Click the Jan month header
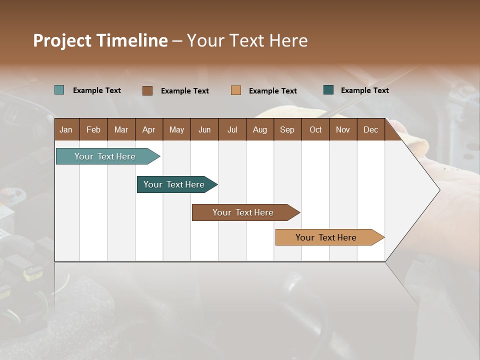pyautogui.click(x=66, y=129)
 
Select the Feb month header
pyautogui.click(x=93, y=129)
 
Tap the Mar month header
pyautogui.click(x=121, y=129)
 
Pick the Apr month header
pyautogui.click(x=149, y=129)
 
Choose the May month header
pyautogui.click(x=176, y=129)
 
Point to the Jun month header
pyautogui.click(x=204, y=129)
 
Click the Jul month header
pyautogui.click(x=232, y=129)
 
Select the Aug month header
pyautogui.click(x=260, y=129)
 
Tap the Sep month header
pyautogui.click(x=287, y=129)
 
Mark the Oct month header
pyautogui.click(x=315, y=129)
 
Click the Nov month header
pyautogui.click(x=343, y=129)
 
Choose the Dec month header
pyautogui.click(x=370, y=129)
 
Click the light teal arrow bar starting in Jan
pyautogui.click(x=105, y=156)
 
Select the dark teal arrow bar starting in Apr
pyautogui.click(x=174, y=184)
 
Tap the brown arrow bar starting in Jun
pyautogui.click(x=243, y=212)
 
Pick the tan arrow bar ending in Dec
pyautogui.click(x=326, y=237)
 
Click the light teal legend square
pyautogui.click(x=59, y=90)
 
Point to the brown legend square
pyautogui.click(x=147, y=90)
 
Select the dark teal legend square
pyautogui.click(x=328, y=90)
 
